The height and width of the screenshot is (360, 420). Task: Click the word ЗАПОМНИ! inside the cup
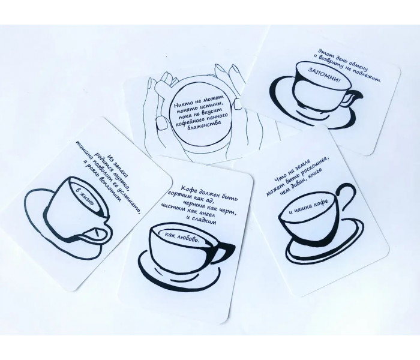[324, 75]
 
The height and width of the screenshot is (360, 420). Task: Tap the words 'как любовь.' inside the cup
[182, 237]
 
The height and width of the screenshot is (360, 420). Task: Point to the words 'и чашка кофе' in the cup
[308, 207]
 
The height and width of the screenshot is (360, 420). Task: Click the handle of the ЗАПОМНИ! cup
[352, 98]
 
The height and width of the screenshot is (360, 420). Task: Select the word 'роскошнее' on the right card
[313, 169]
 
